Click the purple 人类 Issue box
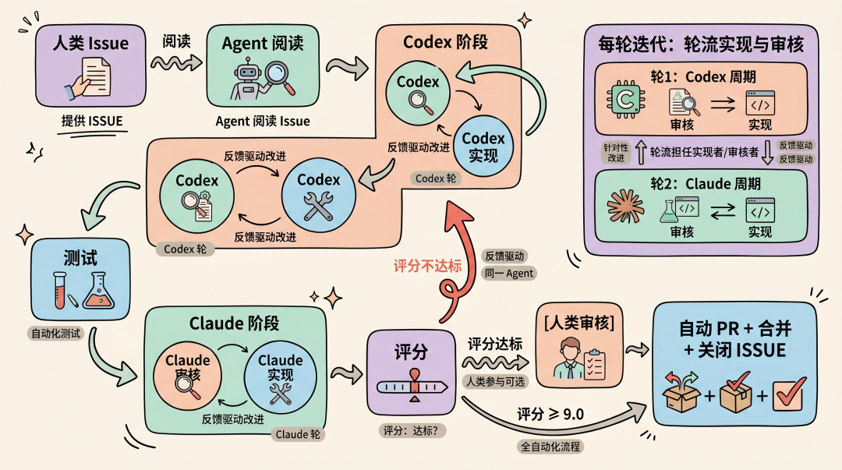pos(91,67)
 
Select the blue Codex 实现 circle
pos(483,146)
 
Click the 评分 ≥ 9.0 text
pos(550,413)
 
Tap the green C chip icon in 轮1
pos(625,100)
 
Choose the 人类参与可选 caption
pos(497,381)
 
